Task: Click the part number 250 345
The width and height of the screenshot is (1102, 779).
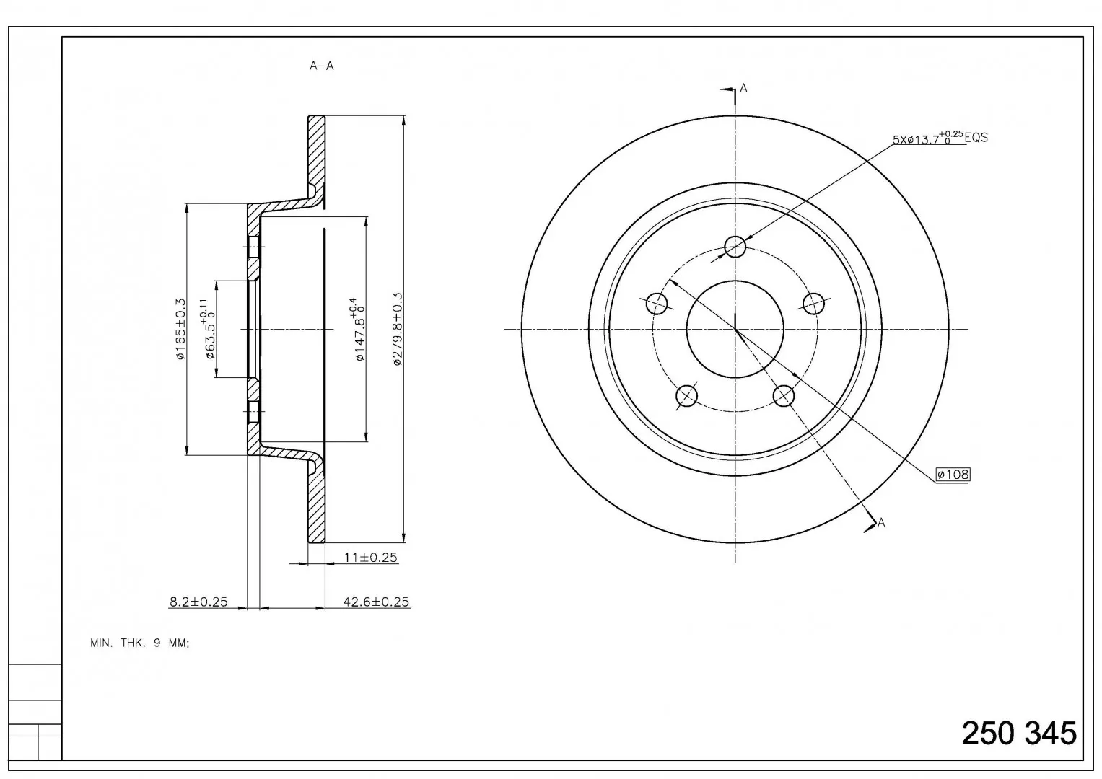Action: (x=1019, y=734)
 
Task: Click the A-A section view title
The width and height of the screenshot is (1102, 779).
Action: (x=321, y=66)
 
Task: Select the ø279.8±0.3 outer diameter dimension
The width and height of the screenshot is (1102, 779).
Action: (x=398, y=329)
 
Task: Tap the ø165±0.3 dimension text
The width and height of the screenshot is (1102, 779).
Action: (x=180, y=328)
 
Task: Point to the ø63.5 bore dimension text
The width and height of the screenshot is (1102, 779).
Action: (x=208, y=328)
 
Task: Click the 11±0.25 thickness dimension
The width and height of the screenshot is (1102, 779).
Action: (x=370, y=557)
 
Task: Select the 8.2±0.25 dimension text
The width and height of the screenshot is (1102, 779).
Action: (x=198, y=602)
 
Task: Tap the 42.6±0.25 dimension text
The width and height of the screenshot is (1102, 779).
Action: (x=376, y=602)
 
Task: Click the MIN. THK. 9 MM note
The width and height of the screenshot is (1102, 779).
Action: (x=140, y=643)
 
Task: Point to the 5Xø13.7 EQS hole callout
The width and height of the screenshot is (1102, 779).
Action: (x=940, y=138)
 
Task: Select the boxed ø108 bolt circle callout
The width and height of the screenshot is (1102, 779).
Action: (x=953, y=474)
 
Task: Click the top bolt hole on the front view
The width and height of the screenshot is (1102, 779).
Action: (x=735, y=247)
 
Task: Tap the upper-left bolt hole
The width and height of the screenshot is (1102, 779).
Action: (x=657, y=303)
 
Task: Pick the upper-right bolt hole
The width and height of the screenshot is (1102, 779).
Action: (x=813, y=303)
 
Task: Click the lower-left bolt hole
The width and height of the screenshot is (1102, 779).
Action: (x=687, y=395)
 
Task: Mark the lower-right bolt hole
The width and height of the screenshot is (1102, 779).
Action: (x=783, y=395)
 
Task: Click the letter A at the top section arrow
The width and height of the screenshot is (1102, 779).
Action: (x=743, y=88)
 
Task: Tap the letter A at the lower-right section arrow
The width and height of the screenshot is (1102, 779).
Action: (x=880, y=522)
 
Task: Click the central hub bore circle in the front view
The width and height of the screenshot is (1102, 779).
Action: (x=735, y=281)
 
